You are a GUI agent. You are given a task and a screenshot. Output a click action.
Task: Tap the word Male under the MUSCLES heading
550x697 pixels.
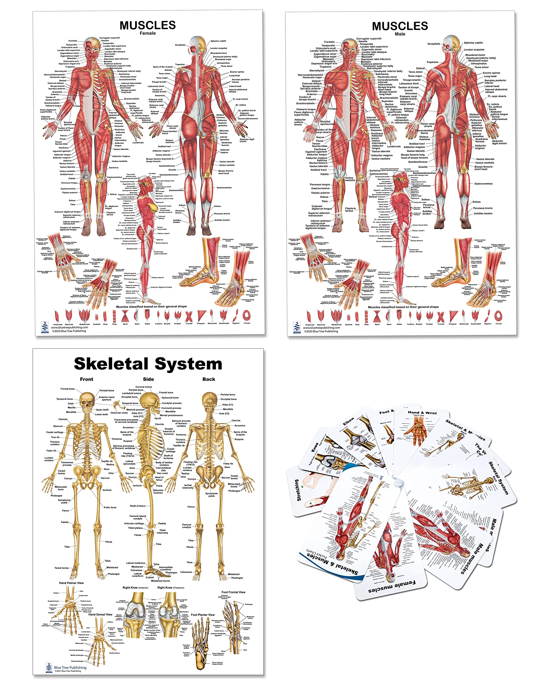pyautogui.click(x=400, y=34)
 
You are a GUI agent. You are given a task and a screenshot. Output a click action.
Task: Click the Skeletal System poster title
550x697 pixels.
pyautogui.click(x=148, y=364)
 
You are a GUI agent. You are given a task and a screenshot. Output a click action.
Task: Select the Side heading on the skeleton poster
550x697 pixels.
pyautogui.click(x=148, y=379)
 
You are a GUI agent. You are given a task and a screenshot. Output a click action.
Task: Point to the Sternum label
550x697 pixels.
pyautogui.click(x=58, y=426)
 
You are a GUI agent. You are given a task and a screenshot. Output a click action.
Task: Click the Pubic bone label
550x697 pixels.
pyautogui.click(x=110, y=508)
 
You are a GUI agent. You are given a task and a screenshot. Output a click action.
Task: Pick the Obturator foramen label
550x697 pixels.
pyautogui.click(x=158, y=491)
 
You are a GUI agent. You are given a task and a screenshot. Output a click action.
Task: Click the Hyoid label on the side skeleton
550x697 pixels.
pyautogui.click(x=158, y=418)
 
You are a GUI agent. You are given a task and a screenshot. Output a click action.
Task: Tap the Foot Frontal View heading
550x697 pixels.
pyautogui.click(x=233, y=592)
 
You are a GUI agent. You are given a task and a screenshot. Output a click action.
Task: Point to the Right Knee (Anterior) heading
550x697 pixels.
pyautogui.click(x=135, y=588)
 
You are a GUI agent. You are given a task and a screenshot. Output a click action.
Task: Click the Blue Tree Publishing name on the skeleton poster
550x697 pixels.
pyautogui.click(x=70, y=668)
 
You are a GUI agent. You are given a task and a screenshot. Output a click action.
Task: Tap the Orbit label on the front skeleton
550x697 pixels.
pyautogui.click(x=71, y=403)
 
